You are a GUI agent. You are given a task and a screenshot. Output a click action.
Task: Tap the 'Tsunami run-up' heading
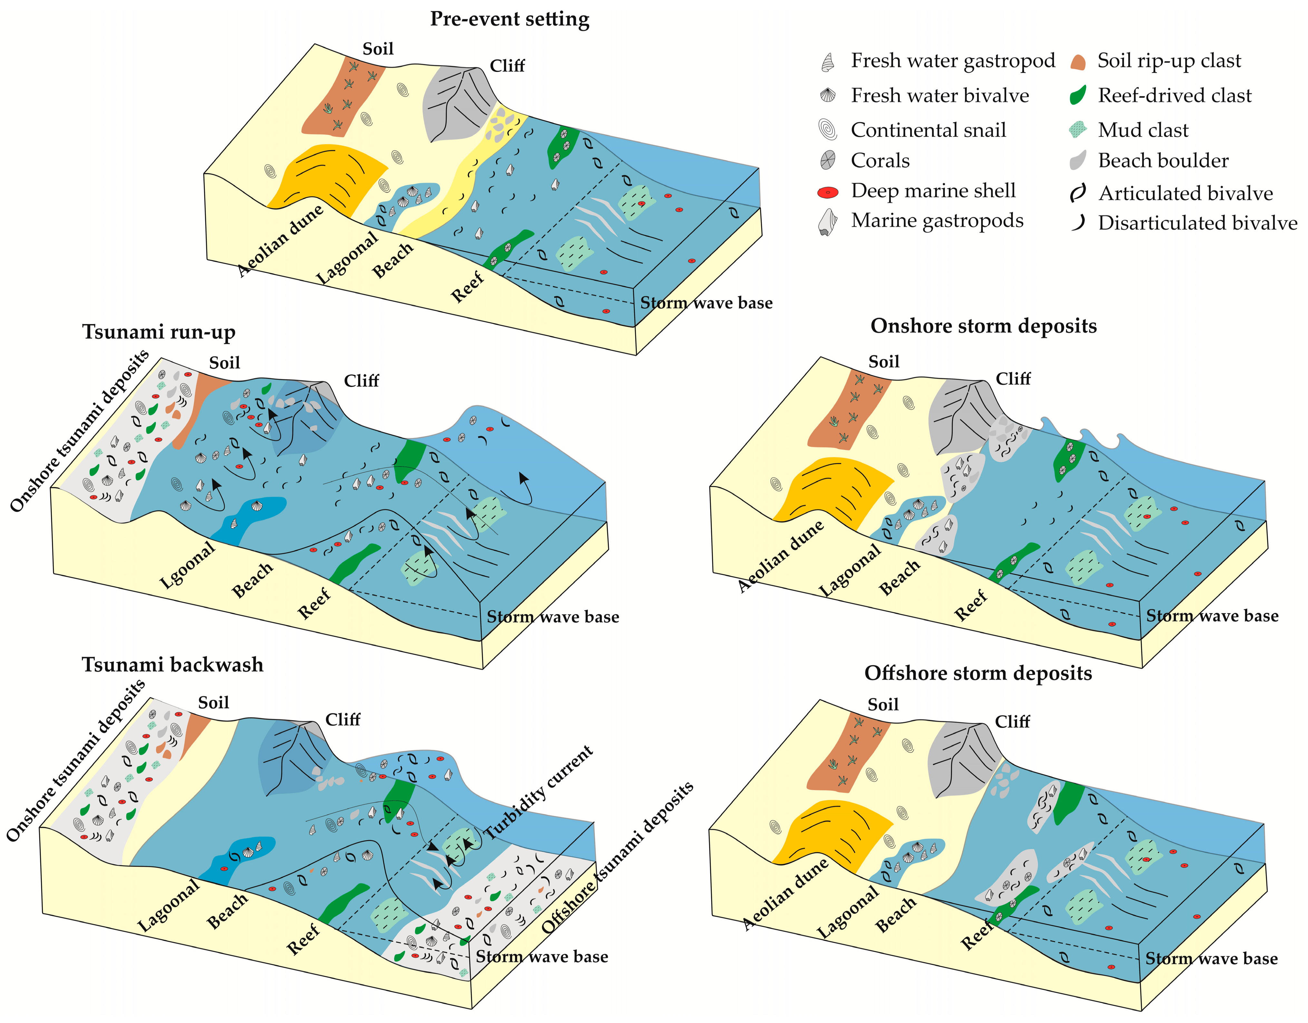click(159, 332)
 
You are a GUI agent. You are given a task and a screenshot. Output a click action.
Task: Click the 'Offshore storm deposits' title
click(978, 673)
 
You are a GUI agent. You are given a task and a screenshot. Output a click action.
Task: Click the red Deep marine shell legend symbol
click(828, 192)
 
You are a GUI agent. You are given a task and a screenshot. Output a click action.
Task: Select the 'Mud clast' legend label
click(1143, 130)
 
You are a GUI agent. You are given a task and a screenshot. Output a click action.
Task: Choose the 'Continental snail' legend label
click(928, 130)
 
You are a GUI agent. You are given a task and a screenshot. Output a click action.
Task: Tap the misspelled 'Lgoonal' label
click(188, 565)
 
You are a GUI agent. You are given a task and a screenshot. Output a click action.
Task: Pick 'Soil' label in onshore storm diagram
click(883, 362)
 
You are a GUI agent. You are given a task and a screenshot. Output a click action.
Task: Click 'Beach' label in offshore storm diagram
click(896, 915)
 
